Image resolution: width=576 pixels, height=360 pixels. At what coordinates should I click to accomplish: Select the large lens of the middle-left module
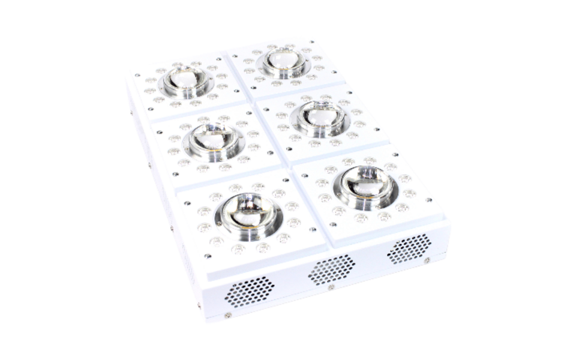click(x=214, y=140)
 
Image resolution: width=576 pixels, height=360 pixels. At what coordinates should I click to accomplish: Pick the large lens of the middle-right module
click(x=321, y=117)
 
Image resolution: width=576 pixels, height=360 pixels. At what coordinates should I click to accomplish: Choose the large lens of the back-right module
click(x=283, y=62)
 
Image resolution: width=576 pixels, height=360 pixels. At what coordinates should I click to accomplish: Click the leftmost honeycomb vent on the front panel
click(x=248, y=292)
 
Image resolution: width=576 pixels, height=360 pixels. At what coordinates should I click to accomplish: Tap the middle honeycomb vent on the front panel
click(x=331, y=269)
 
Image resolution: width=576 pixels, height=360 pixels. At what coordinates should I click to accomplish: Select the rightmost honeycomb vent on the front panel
click(x=409, y=248)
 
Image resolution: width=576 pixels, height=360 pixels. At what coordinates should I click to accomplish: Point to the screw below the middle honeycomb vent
click(x=331, y=287)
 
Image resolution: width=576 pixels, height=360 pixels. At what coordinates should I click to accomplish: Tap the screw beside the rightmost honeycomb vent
click(x=427, y=260)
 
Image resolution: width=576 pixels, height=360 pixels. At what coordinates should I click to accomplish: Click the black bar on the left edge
click(x=24, y=180)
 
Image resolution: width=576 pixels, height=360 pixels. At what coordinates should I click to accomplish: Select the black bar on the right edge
click(x=552, y=180)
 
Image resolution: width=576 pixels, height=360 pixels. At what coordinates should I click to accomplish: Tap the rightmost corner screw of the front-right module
click(x=428, y=200)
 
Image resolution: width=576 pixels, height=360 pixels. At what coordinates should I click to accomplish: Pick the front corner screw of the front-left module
click(x=208, y=256)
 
